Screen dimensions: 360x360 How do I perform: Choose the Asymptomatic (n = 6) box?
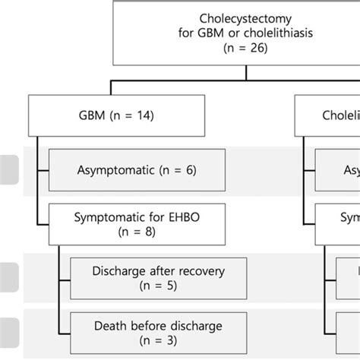point(136,170)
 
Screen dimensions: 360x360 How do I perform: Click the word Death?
point(111,326)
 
